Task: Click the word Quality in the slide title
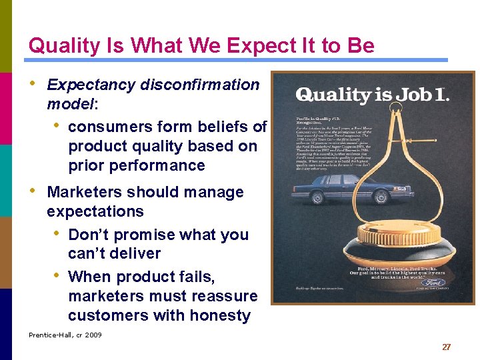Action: pos(65,46)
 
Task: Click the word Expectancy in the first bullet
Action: pos(91,85)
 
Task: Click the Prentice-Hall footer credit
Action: pos(65,335)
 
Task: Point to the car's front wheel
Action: pos(381,198)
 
